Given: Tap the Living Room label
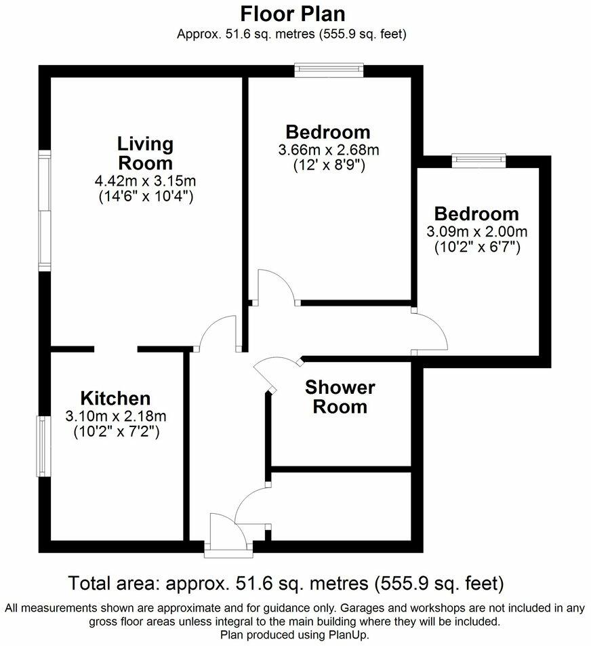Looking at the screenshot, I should point(145,153).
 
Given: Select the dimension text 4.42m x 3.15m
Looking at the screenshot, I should point(146,181).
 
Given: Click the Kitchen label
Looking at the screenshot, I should point(115,398).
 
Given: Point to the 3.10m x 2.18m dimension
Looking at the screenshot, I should point(116,416).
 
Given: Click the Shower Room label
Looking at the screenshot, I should point(340,397).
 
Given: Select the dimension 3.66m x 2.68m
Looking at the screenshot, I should point(329,150).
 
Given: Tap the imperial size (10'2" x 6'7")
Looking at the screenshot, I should point(477,247).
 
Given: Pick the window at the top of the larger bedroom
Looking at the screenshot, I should point(329,70).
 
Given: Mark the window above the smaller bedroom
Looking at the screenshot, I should point(479,159).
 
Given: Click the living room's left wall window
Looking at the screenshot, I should point(44,211).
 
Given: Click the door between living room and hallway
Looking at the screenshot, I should point(217,334).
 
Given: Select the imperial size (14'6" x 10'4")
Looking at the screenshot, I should point(146,197).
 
